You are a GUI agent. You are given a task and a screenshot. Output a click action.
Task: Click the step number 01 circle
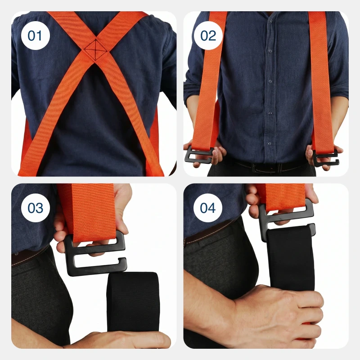(x=36, y=36)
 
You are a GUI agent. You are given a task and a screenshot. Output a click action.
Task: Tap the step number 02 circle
(x=208, y=36)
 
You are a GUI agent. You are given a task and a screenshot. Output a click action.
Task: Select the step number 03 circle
(x=36, y=208)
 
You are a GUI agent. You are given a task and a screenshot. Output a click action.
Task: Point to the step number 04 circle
(x=207, y=208)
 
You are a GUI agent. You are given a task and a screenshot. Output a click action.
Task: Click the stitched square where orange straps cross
(x=95, y=49)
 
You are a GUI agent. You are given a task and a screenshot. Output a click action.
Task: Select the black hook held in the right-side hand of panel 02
(x=325, y=158)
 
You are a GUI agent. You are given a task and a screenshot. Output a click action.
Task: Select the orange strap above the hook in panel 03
(x=88, y=211)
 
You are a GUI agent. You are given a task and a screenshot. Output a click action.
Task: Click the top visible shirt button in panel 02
(x=271, y=21)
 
